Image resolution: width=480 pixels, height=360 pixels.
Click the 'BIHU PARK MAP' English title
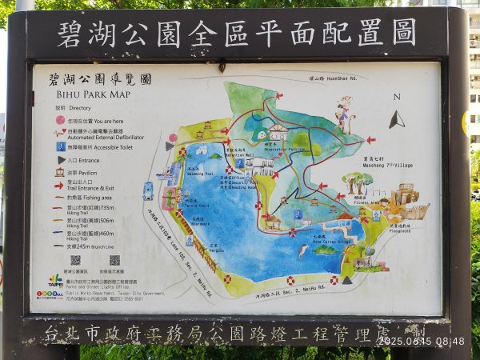coord(78,94)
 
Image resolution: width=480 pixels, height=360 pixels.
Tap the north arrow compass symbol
coord(397,120)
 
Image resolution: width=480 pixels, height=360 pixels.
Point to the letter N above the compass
coord(397,97)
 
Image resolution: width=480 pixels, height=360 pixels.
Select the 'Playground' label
coord(400,230)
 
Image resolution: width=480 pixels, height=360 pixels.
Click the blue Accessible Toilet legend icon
coord(60,146)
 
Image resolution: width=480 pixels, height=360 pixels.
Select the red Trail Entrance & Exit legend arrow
coord(59,185)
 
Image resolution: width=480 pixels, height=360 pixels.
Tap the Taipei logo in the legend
coord(54,281)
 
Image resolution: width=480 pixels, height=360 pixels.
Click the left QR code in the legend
coord(76,260)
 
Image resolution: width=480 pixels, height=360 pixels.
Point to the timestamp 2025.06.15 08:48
coord(421,342)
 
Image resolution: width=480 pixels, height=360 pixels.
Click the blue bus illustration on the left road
coord(148,190)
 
